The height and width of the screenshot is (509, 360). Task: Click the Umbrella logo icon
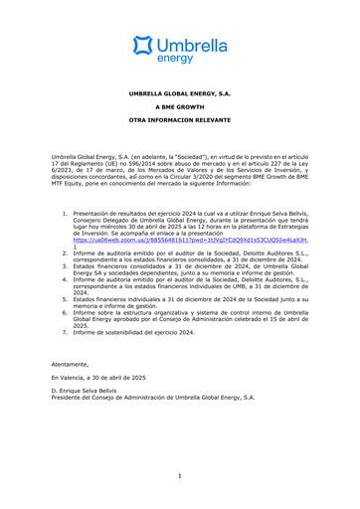pyautogui.click(x=144, y=46)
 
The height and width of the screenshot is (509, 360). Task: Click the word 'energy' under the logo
pyautogui.click(x=179, y=58)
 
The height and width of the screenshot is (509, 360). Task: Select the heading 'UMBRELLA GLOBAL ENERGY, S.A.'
pyautogui.click(x=179, y=93)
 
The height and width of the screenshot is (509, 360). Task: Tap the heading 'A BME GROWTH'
pyautogui.click(x=179, y=111)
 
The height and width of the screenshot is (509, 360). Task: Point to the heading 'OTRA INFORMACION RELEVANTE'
pyautogui.click(x=179, y=129)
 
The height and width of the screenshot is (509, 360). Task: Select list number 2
pyautogui.click(x=65, y=254)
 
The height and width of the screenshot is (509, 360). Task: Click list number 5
pyautogui.click(x=65, y=303)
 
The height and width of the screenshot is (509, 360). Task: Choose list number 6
pyautogui.click(x=65, y=317)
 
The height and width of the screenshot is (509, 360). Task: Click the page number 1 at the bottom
pyautogui.click(x=180, y=475)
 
